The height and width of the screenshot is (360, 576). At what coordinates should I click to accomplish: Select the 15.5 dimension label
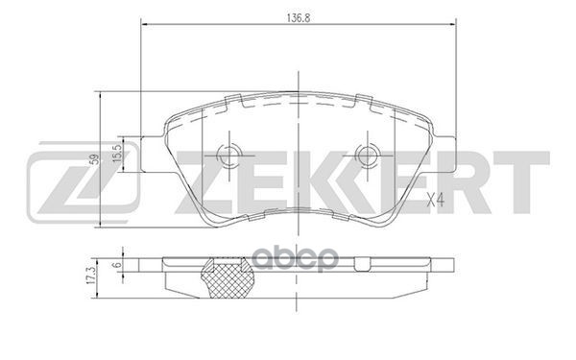click(115, 153)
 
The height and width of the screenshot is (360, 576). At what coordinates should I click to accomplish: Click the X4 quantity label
click(434, 201)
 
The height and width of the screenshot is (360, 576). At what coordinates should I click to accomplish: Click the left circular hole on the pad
click(227, 154)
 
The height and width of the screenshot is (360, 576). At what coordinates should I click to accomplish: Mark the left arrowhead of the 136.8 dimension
click(145, 22)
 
